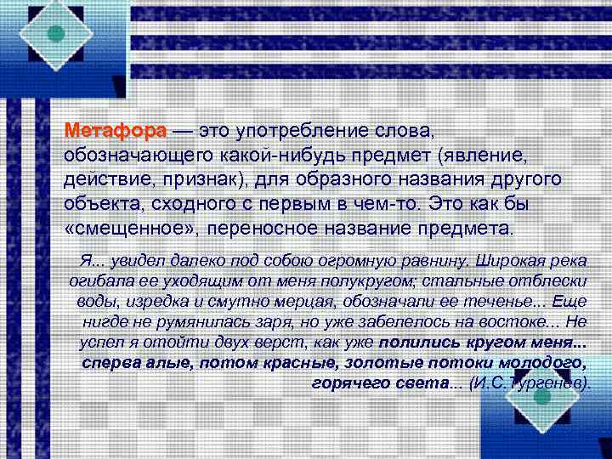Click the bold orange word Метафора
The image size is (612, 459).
116,132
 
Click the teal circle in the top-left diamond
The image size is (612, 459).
55,33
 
